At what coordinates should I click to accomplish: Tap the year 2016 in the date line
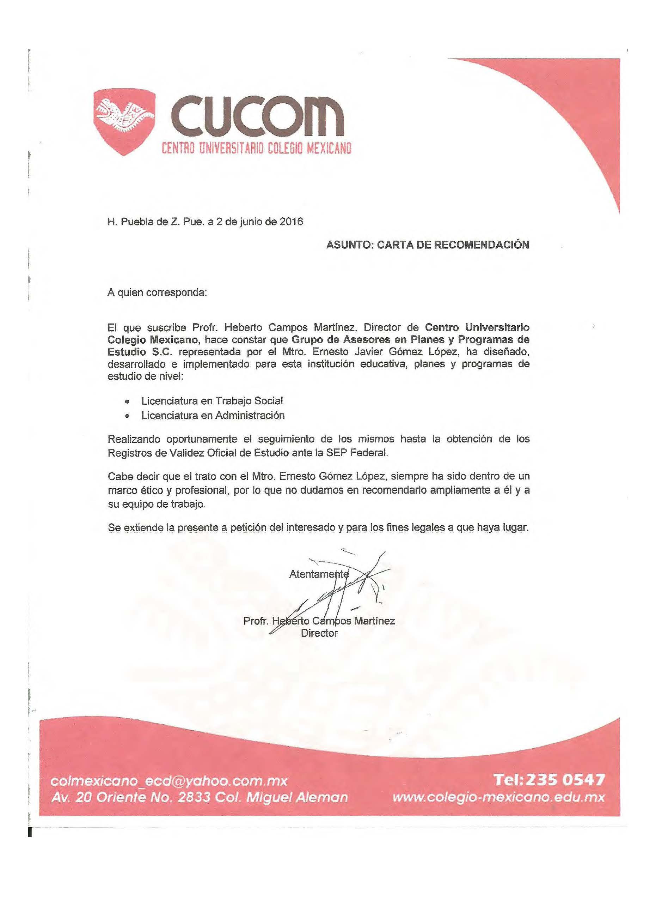[x=291, y=222]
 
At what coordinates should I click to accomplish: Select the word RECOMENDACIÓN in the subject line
[x=481, y=244]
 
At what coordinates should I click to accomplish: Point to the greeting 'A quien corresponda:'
[x=157, y=292]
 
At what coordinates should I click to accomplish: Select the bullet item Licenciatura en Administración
[x=213, y=415]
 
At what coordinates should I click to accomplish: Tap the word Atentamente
[x=318, y=574]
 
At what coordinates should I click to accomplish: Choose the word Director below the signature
[x=319, y=633]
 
